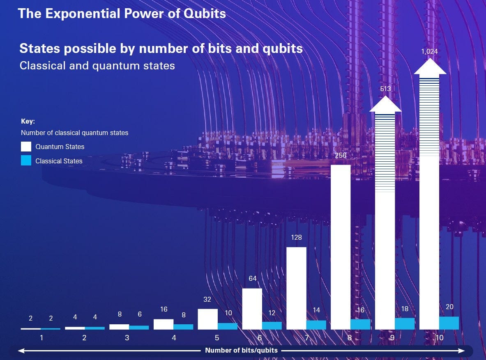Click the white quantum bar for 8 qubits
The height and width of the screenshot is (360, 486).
341,246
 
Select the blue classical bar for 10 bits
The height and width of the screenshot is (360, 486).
449,323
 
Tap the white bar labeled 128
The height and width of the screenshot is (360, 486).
296,287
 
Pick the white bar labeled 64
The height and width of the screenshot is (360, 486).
252,308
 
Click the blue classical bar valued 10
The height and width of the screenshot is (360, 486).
228,326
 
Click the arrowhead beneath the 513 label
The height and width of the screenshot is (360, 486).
385,105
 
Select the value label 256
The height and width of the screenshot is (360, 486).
341,156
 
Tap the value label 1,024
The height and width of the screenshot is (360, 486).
430,51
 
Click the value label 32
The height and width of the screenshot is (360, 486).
207,300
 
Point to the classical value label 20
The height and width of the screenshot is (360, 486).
449,307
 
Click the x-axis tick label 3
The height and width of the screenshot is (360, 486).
127,338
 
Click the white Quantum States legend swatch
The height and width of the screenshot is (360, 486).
26,147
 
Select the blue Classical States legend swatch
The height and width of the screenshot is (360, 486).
26,161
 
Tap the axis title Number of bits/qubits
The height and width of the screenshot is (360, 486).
241,351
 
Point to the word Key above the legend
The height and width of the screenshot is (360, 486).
28,122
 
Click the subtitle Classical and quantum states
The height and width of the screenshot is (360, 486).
97,66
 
